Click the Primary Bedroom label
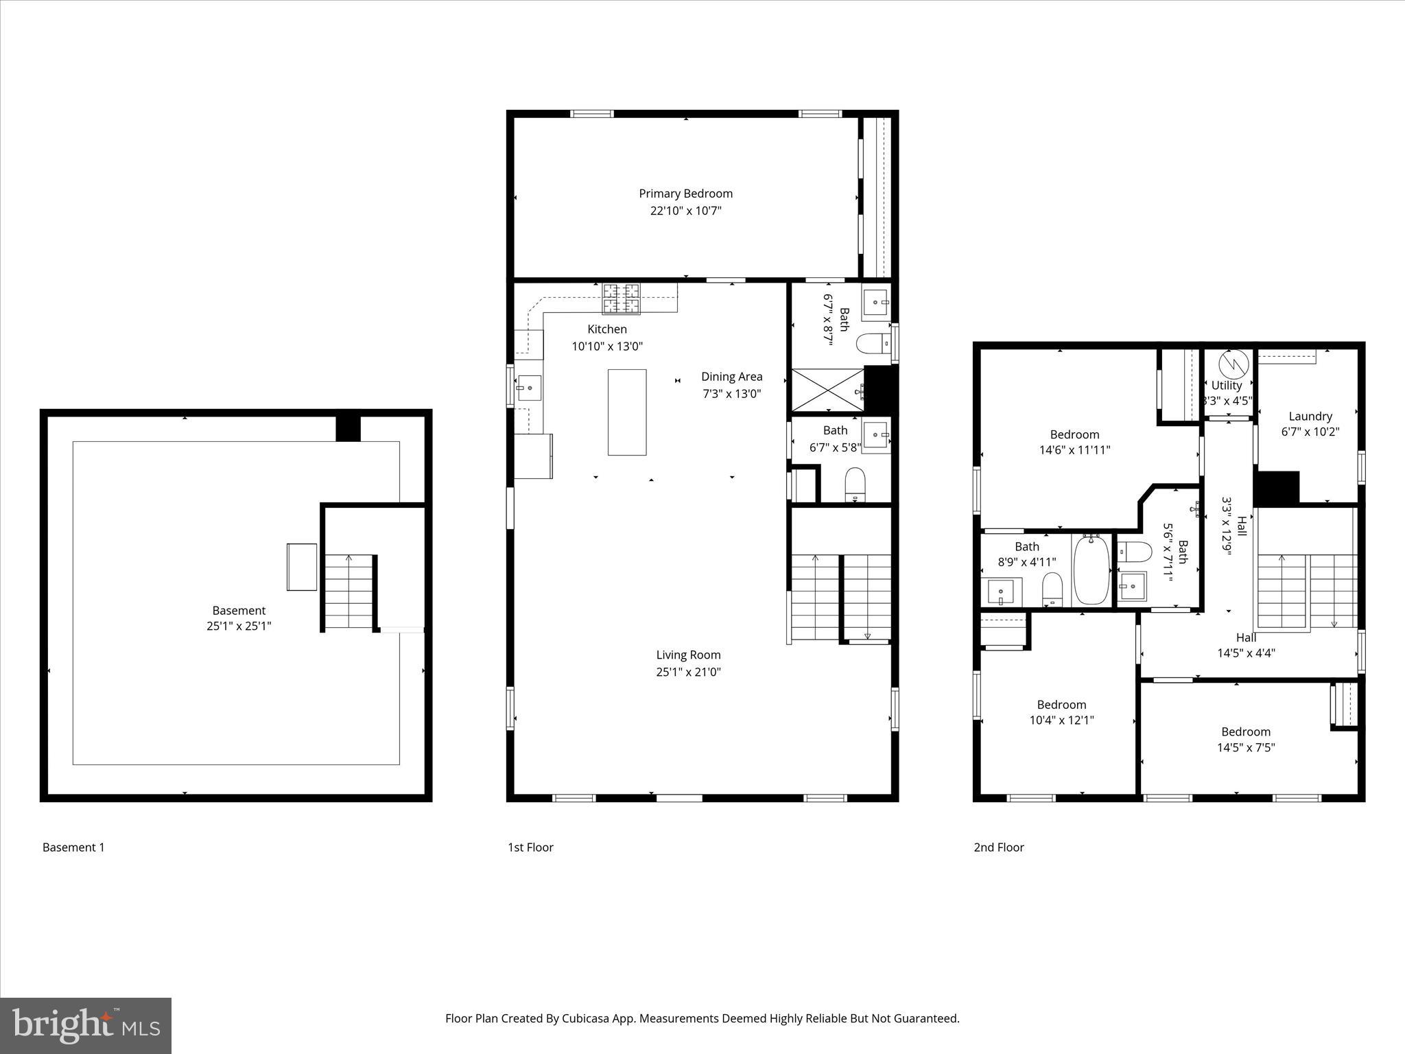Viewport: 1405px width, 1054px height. tap(685, 194)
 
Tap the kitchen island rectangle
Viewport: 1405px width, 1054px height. tap(626, 412)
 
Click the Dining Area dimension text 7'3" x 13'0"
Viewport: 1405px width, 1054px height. tap(731, 394)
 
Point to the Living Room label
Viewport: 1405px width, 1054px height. tap(688, 655)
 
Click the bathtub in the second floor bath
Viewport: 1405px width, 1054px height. tap(1091, 570)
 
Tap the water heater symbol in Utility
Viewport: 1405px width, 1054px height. tap(1229, 362)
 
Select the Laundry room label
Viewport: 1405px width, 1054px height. tap(1310, 416)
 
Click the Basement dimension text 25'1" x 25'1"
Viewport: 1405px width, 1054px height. tap(239, 626)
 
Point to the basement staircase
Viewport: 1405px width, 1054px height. tap(349, 592)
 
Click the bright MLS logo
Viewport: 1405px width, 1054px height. tap(86, 1025)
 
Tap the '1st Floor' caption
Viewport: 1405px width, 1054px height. tap(530, 847)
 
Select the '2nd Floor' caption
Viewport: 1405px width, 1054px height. tap(998, 847)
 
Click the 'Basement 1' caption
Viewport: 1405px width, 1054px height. tap(73, 847)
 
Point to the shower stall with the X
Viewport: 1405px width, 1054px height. tap(828, 389)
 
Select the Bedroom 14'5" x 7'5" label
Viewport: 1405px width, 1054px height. tap(1245, 731)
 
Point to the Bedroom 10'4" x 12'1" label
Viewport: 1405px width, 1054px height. tap(1061, 705)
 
